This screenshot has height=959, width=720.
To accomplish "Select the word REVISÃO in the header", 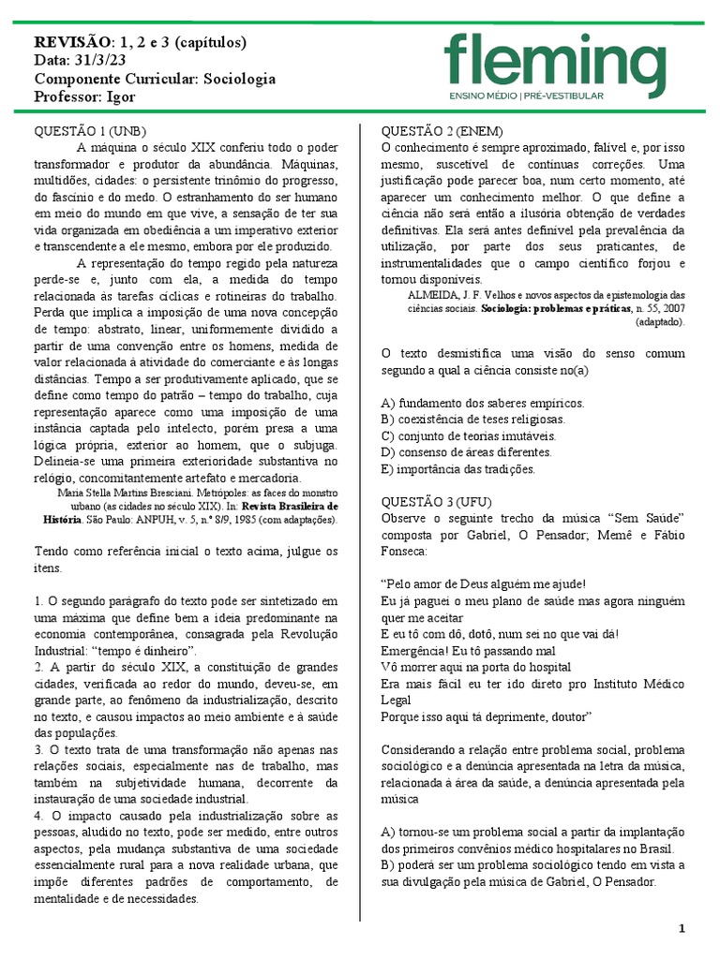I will pyautogui.click(x=71, y=42).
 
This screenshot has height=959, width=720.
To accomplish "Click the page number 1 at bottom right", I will pyautogui.click(x=682, y=928).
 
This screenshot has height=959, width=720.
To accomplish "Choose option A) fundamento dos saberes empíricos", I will pyautogui.click(x=482, y=403).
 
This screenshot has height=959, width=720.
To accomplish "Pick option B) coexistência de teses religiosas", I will pyautogui.click(x=473, y=420).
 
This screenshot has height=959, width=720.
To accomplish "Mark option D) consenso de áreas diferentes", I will pyautogui.click(x=466, y=452).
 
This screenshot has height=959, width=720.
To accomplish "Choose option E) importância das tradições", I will pyautogui.click(x=458, y=469).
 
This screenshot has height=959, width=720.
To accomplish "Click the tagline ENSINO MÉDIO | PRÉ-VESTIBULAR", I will pyautogui.click(x=526, y=96).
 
